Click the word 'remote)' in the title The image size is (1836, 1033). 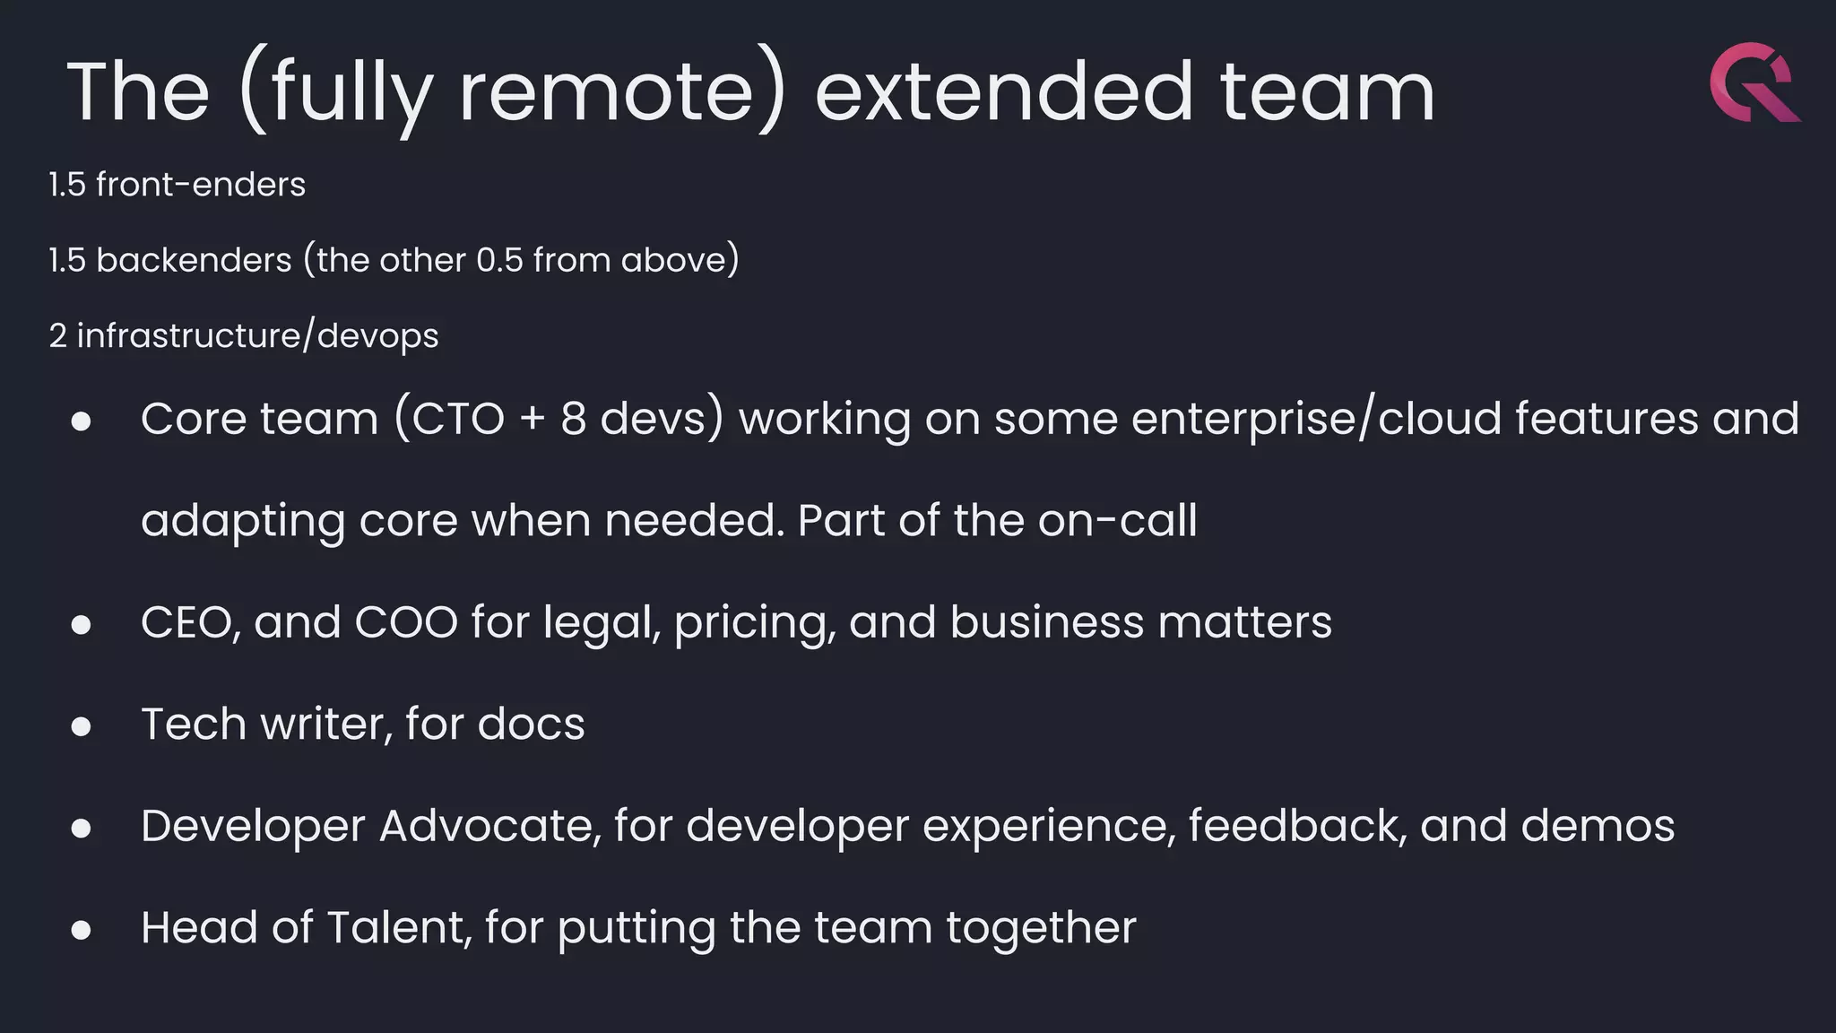(x=622, y=91)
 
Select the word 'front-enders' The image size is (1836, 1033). (x=201, y=185)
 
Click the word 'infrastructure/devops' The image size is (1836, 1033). (x=257, y=336)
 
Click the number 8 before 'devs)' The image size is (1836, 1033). (x=574, y=419)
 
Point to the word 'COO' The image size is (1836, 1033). (x=406, y=622)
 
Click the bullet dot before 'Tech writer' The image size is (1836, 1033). (x=82, y=725)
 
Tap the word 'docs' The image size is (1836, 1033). (x=531, y=724)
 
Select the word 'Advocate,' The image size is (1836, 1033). (x=490, y=826)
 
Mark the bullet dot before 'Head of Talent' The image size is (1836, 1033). (x=82, y=929)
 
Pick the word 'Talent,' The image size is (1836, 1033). (x=399, y=927)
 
